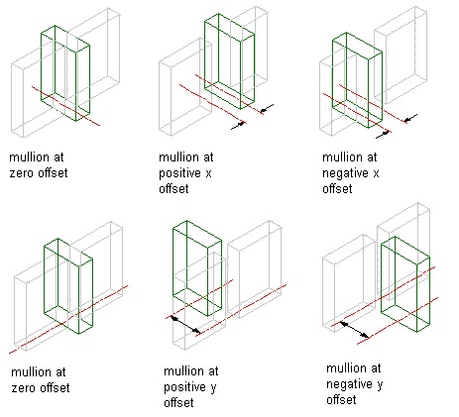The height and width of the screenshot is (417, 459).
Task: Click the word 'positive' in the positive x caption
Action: point(179,174)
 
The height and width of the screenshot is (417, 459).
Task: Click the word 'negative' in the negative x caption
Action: point(345,174)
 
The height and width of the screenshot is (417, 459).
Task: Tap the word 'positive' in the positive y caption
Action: point(184,388)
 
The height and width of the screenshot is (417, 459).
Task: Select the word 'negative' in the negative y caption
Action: point(349,385)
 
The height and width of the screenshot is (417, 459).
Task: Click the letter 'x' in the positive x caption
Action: point(208,173)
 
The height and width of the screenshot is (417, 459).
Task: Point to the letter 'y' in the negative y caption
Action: point(380,385)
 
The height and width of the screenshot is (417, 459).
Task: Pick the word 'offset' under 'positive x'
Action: point(173,189)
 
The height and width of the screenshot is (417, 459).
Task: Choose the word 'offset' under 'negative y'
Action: point(341,400)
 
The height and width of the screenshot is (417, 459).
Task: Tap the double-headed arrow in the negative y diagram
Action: point(355,330)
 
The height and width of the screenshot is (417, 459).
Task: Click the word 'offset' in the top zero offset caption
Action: point(53,172)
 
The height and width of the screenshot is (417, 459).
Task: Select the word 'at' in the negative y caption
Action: point(376,368)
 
